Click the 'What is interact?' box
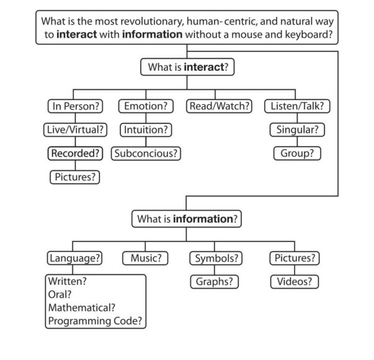(187, 66)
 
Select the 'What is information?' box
(187, 218)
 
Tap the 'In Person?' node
(74, 106)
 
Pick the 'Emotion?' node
(145, 106)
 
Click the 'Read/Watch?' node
(220, 106)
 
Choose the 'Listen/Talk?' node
(296, 106)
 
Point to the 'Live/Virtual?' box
(74, 130)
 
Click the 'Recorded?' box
(74, 153)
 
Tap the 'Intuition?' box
(145, 130)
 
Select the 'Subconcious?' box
(145, 153)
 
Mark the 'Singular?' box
(296, 130)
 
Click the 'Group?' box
(296, 153)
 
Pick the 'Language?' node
(74, 258)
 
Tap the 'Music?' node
(145, 258)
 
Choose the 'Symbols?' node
(215, 258)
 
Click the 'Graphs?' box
(214, 281)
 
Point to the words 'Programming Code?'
(95, 321)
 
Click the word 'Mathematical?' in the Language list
(81, 307)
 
